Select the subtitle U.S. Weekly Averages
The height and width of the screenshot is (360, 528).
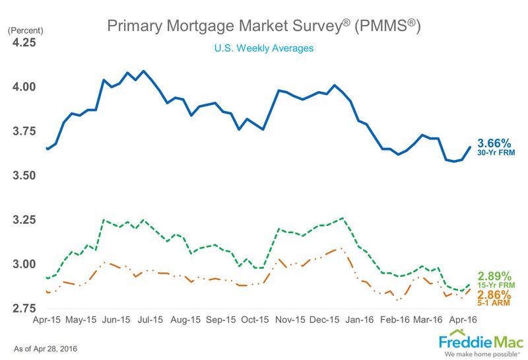pyautogui.click(x=263, y=48)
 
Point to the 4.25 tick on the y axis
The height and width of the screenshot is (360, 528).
pyautogui.click(x=24, y=42)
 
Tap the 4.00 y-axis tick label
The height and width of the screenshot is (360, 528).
pyautogui.click(x=24, y=87)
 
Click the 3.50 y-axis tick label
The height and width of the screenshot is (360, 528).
pyautogui.click(x=24, y=175)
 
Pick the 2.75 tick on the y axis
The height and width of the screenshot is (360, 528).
pyautogui.click(x=24, y=308)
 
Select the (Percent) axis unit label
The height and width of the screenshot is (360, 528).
pyautogui.click(x=24, y=30)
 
